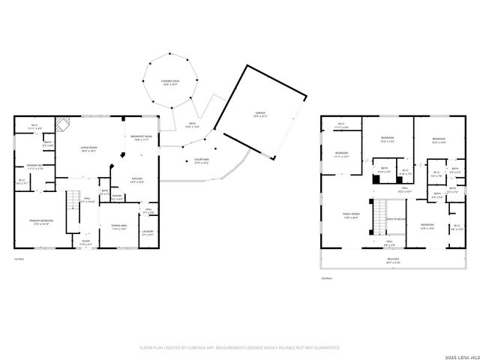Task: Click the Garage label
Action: tap(258, 114)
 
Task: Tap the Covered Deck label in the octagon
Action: tap(169, 82)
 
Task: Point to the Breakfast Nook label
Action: tap(142, 137)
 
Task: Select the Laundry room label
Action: tap(148, 234)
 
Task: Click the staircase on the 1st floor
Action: tap(73, 209)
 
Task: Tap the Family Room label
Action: tap(351, 217)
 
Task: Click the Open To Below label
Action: tap(396, 219)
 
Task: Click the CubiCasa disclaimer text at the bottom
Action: tap(240, 348)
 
